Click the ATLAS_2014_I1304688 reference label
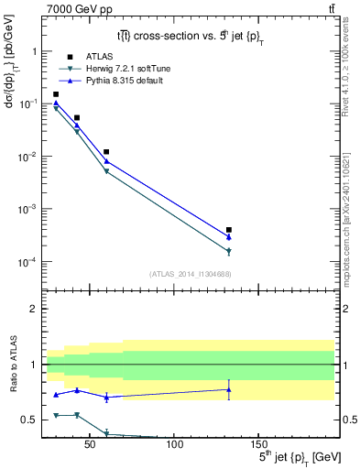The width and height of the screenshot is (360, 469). coord(189,274)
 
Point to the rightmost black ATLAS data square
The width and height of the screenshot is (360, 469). coord(228,230)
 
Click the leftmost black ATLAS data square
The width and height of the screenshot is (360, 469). coord(56,94)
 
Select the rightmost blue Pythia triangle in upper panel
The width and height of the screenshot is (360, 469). coord(228,237)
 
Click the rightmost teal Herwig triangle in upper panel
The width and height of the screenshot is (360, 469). coord(228,251)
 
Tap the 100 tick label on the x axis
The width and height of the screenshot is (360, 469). coord(175,446)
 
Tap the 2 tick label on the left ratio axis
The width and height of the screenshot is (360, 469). coord(34,309)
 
